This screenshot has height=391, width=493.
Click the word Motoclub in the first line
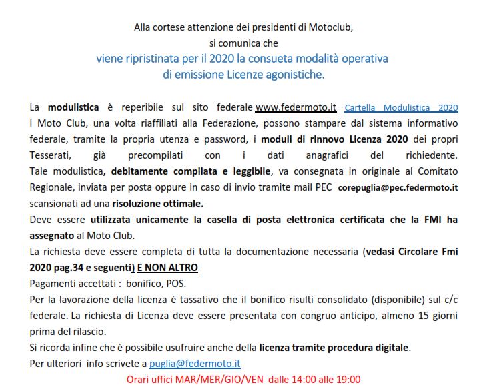tap(330, 27)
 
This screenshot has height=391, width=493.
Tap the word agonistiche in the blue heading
tap(292, 75)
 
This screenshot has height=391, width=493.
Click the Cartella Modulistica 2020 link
tap(401, 107)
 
